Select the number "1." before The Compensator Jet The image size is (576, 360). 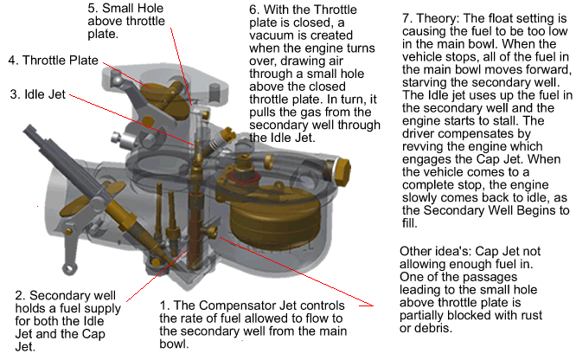coord(163,305)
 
